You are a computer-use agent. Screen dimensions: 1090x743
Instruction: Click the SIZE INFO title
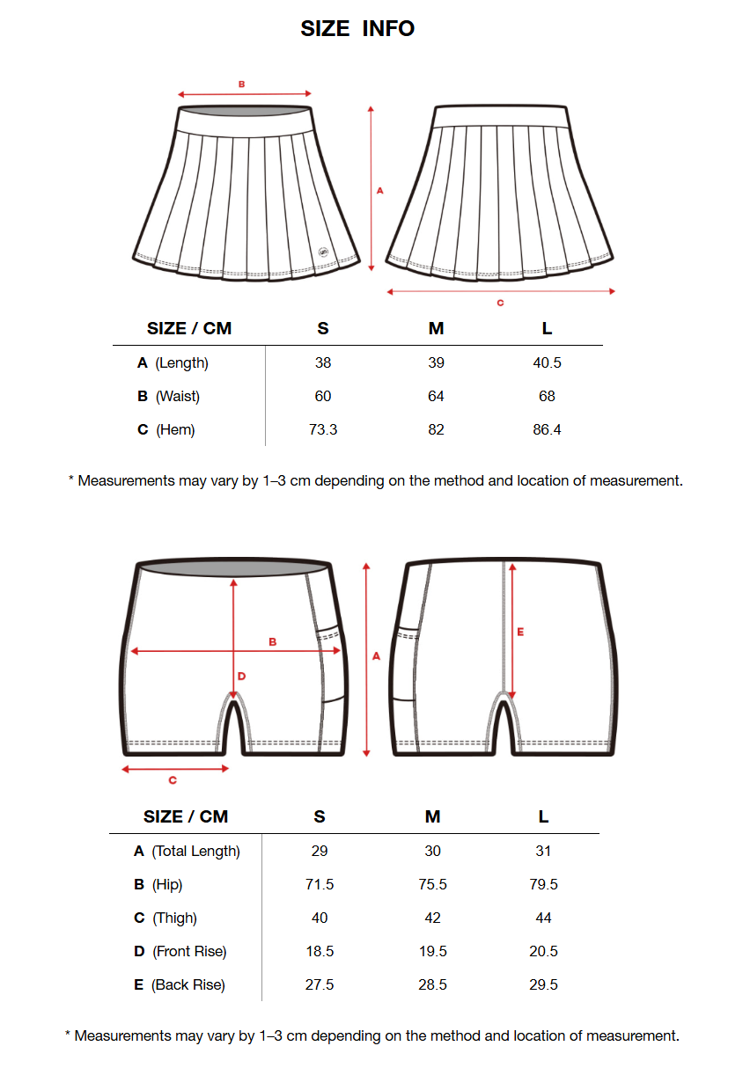coord(357,28)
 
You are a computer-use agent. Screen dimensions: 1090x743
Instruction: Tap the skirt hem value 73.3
coord(323,429)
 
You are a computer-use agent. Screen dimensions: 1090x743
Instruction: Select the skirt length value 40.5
coord(547,362)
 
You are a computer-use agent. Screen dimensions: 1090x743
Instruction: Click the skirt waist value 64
coord(436,396)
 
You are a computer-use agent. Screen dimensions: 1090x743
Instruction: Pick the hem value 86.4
coord(547,429)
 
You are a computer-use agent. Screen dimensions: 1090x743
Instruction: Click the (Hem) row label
coord(175,429)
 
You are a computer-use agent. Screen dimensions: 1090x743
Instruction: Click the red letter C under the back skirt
coord(500,303)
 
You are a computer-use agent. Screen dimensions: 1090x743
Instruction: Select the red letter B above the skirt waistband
coord(241,84)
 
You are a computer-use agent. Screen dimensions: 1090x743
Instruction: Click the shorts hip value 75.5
coord(432,884)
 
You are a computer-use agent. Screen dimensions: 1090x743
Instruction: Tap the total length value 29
coord(320,851)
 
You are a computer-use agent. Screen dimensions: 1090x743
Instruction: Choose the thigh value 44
coord(543,918)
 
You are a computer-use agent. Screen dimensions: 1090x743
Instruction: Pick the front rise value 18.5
coord(320,951)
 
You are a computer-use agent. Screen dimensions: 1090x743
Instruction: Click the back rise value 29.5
coord(543,984)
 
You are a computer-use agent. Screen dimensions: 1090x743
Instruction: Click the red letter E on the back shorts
coord(520,632)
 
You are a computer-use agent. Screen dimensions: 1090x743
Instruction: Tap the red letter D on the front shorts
coord(241,677)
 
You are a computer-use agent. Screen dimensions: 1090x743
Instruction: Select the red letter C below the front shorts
coord(173,780)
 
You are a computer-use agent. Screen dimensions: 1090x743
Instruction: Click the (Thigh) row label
coord(174,918)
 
